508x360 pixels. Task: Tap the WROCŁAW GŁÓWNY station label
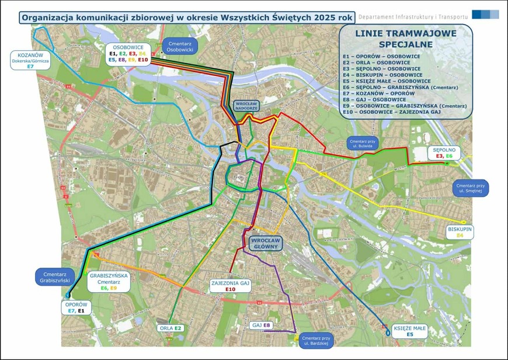coord(265,244)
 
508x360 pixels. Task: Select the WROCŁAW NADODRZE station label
coord(245,106)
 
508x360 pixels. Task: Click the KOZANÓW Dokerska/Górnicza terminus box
coord(30,60)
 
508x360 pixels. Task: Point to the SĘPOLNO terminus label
coord(444,153)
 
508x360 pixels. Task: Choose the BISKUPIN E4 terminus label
coord(460,231)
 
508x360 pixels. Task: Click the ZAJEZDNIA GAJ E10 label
coord(230,286)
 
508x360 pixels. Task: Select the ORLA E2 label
coord(172,328)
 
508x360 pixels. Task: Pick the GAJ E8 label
coord(262,325)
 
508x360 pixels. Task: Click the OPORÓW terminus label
coord(76,307)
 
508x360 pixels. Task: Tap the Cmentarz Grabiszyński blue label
coord(55,276)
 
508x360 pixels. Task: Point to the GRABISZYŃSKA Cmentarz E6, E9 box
coord(109,281)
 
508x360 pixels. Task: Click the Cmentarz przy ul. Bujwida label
coord(363,144)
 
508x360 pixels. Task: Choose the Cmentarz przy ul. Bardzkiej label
coord(317,341)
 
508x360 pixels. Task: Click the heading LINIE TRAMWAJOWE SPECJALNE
coord(405,39)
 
